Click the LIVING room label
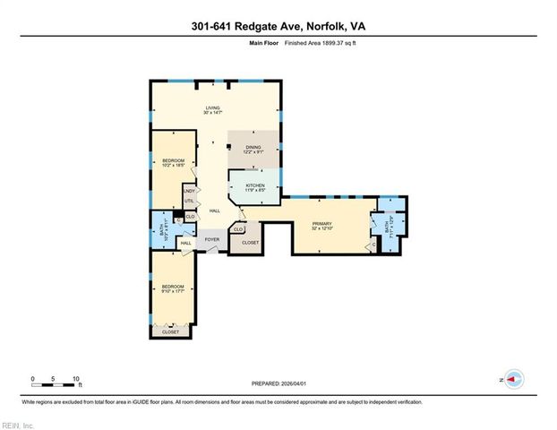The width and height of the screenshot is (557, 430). tap(212, 108)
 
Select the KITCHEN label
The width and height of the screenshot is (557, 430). tap(254, 185)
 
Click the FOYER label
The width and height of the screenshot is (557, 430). tap(212, 240)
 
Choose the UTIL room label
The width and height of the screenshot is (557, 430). tap(189, 201)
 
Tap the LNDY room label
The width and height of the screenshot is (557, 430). tap(189, 191)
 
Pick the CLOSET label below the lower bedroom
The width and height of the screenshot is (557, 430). tap(170, 332)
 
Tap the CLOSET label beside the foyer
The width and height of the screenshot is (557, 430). tap(250, 243)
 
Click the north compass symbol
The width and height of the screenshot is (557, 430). tap(513, 380)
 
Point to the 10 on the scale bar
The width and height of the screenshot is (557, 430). tap(76, 378)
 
